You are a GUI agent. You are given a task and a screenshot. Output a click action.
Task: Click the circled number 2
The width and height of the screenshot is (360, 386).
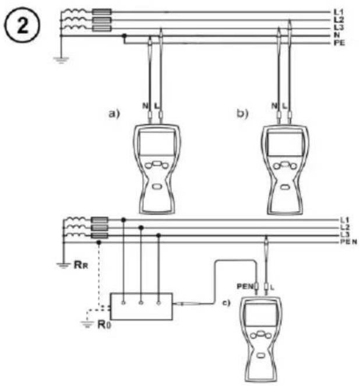pos(22,25)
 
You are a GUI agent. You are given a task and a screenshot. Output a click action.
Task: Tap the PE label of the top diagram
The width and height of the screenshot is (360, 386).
pos(339,43)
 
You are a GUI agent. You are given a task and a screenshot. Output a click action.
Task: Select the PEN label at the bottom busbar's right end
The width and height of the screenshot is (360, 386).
pos(348,242)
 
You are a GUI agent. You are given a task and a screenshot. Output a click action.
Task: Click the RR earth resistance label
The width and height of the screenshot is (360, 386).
pos(81,265)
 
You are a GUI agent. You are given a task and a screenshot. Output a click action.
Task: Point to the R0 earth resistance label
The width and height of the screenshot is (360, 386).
pos(104,324)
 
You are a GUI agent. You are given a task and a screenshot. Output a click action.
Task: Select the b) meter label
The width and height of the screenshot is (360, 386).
pos(242,114)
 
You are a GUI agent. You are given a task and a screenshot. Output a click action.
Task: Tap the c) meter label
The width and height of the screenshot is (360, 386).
pos(227,303)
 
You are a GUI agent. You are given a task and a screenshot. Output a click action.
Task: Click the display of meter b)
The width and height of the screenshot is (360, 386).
pos(285,144)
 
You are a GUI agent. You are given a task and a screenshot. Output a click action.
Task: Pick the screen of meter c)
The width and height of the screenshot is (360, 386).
pos(260,315)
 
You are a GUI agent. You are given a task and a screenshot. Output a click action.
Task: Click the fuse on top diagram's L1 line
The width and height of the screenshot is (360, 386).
pos(102,12)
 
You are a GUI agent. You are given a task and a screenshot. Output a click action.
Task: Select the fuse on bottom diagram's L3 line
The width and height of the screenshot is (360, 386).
pos(100,236)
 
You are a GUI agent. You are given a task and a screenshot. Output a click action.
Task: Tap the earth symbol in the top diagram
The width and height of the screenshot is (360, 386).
pos(61,60)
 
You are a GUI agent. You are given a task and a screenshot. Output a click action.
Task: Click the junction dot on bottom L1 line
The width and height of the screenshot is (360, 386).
pos(123,220)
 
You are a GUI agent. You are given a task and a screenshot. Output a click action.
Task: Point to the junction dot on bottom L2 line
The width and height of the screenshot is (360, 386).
pos(141,228)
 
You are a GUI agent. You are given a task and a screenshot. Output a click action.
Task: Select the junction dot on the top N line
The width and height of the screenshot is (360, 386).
pos(125,36)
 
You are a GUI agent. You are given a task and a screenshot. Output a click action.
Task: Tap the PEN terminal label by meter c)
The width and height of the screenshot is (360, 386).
pos(245,286)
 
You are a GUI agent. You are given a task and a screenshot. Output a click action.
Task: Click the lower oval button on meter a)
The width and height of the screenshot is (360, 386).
pos(156,187)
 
